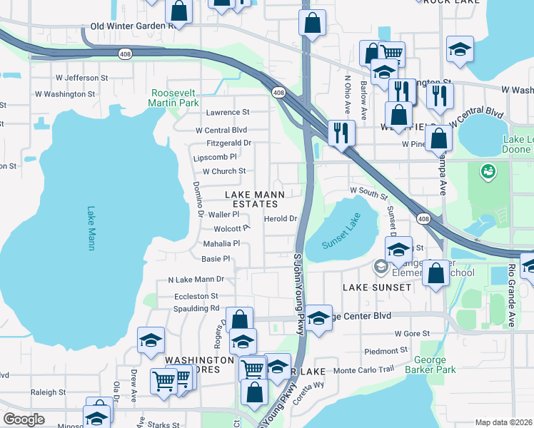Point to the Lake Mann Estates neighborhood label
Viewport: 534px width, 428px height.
[255, 199]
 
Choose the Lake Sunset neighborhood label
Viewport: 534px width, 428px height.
[377, 287]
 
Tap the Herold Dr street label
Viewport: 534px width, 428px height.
[280, 219]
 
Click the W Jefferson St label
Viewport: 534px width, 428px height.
[81, 77]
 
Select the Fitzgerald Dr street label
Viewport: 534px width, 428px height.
[224, 143]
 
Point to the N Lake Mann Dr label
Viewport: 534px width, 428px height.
[196, 280]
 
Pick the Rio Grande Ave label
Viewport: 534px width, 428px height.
[512, 295]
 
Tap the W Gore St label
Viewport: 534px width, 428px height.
[412, 333]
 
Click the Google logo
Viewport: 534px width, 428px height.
[24, 419]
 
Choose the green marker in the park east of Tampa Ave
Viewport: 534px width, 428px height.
[488, 171]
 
